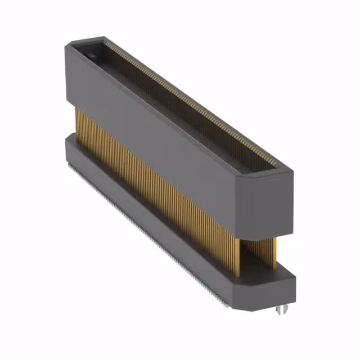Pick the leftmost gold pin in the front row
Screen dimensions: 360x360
77,121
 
